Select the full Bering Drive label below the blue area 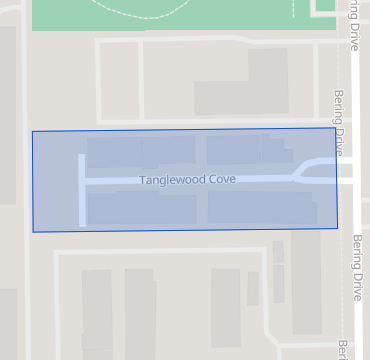(357, 268)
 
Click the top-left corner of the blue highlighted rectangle (32, 131)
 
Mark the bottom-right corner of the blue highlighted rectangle (337, 227)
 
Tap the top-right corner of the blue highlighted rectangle (335, 128)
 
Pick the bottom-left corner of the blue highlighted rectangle (33, 232)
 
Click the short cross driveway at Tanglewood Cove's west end (82, 190)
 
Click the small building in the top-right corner (325, 5)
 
